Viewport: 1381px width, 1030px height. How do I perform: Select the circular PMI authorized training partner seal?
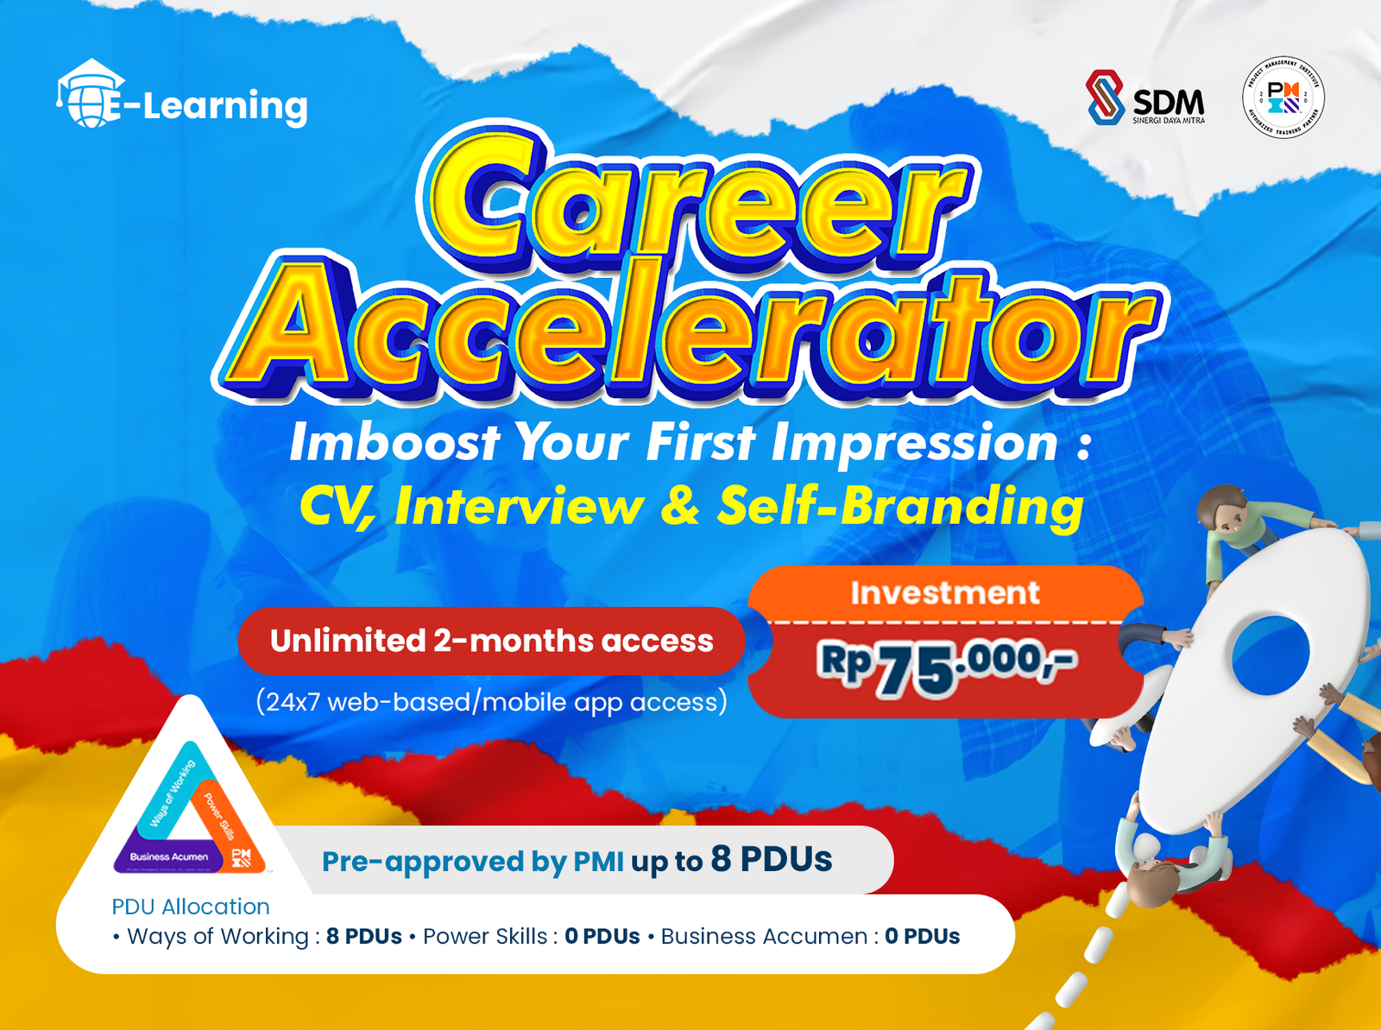pos(1283,98)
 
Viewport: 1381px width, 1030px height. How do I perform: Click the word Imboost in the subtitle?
pos(394,443)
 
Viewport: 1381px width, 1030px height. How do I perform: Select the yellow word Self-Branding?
pos(900,506)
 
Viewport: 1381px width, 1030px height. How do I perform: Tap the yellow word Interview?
pos(519,507)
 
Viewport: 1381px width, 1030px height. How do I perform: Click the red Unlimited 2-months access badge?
pos(491,641)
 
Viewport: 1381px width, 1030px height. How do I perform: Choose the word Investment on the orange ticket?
pos(944,593)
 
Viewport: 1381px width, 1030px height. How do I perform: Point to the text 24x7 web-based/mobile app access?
pos(491,702)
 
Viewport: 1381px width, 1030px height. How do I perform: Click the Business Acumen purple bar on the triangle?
pos(168,856)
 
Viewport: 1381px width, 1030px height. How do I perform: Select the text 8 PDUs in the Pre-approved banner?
pos(772,860)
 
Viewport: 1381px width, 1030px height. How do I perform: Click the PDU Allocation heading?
pos(191,907)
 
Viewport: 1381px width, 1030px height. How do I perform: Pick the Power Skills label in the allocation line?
pos(485,937)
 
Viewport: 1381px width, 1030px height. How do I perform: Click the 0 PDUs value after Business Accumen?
pos(922,937)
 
